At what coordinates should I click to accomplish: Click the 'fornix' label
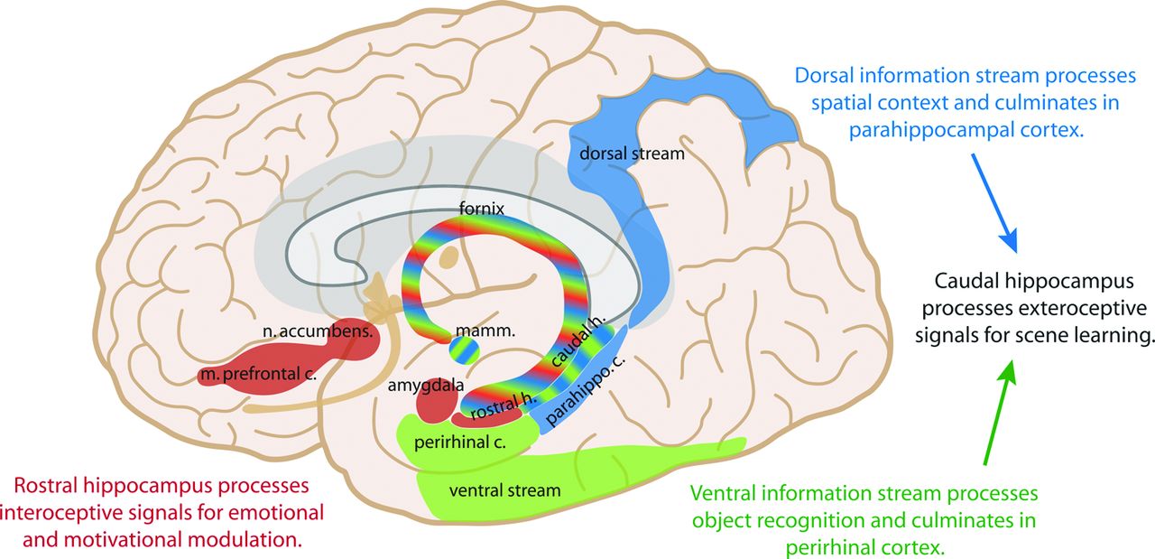482,209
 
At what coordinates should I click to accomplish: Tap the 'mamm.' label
485,331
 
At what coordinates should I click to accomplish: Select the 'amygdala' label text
426,386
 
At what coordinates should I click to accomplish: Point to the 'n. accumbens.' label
318,331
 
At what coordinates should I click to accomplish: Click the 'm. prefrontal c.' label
258,374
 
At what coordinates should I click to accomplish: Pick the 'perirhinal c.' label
460,443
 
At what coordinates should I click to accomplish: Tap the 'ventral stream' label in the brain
504,490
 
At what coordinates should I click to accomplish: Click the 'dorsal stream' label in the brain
633,154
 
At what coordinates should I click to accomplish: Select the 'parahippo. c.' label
585,391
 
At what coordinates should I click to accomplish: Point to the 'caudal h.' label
577,341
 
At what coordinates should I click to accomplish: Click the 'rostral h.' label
504,406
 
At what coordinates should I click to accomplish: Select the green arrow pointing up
1000,413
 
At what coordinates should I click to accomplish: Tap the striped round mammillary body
464,351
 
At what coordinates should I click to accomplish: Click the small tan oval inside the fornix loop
448,257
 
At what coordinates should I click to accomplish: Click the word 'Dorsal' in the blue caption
824,75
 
